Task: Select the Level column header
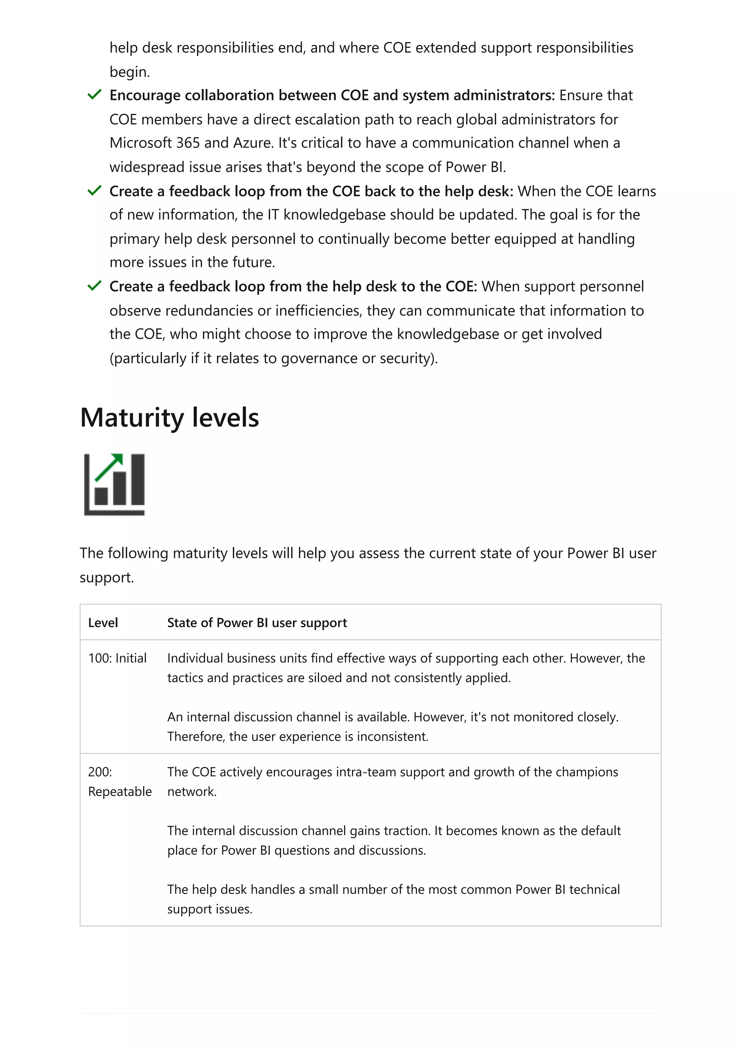pos(103,622)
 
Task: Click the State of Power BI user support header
pos(257,622)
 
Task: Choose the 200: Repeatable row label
pos(120,781)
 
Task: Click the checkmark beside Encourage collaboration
pos(94,95)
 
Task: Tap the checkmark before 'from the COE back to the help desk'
pos(94,191)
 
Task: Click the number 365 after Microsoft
pos(188,143)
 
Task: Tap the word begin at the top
pos(129,72)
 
